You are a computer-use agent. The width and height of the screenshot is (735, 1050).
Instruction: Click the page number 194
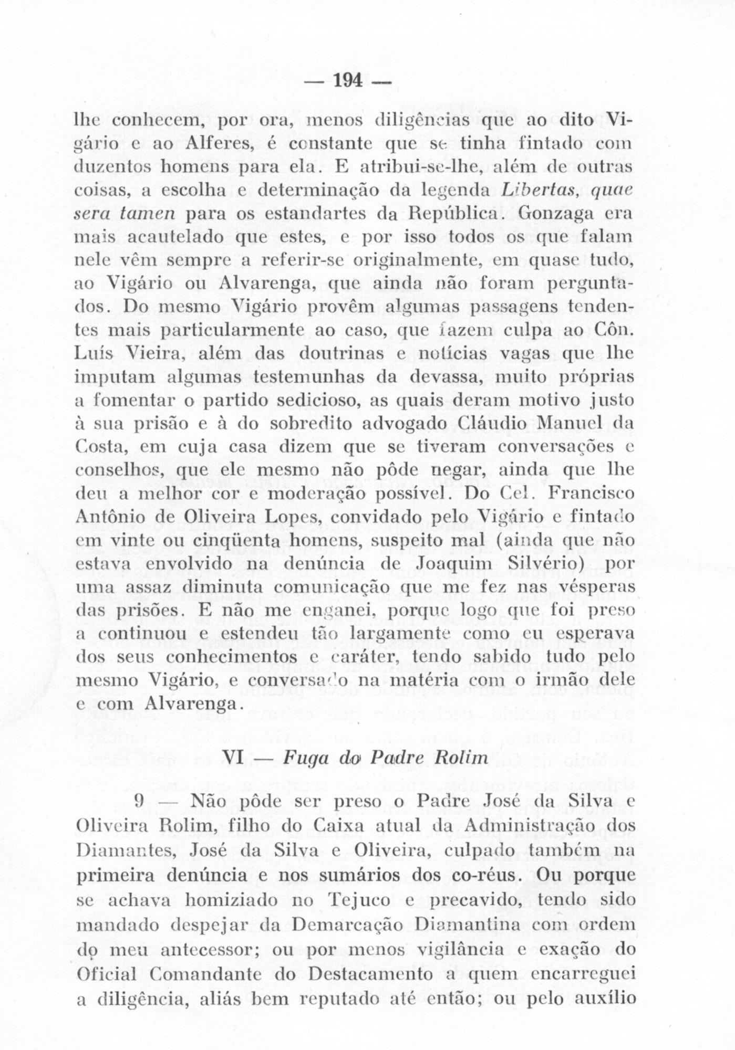pyautogui.click(x=348, y=81)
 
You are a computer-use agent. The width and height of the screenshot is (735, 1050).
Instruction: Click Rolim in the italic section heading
pyautogui.click(x=457, y=756)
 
